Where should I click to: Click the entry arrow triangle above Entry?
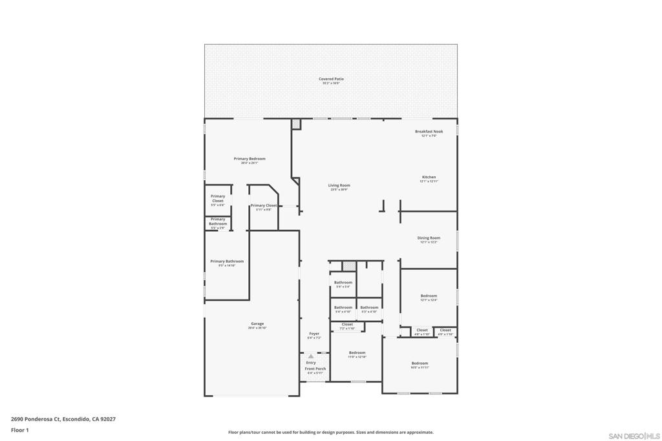(311, 356)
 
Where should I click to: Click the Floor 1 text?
(20, 430)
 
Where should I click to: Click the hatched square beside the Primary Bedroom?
(296, 123)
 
